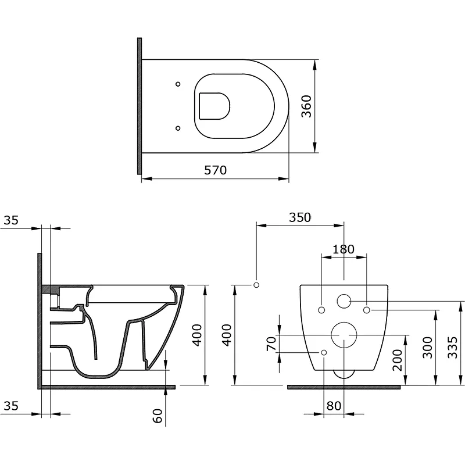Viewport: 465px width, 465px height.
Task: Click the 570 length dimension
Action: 215,170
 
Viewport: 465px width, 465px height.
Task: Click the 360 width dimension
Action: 307,106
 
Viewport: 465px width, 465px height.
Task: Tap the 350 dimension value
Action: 300,217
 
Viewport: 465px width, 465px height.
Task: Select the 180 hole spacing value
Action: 344,249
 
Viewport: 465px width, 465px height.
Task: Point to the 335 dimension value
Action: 453,347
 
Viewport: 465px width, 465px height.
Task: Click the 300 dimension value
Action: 427,347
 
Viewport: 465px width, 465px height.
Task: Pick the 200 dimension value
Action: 398,360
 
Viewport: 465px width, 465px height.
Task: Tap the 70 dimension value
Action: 271,344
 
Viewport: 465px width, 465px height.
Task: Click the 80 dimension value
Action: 334,406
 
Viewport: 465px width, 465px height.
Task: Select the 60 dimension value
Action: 158,416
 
